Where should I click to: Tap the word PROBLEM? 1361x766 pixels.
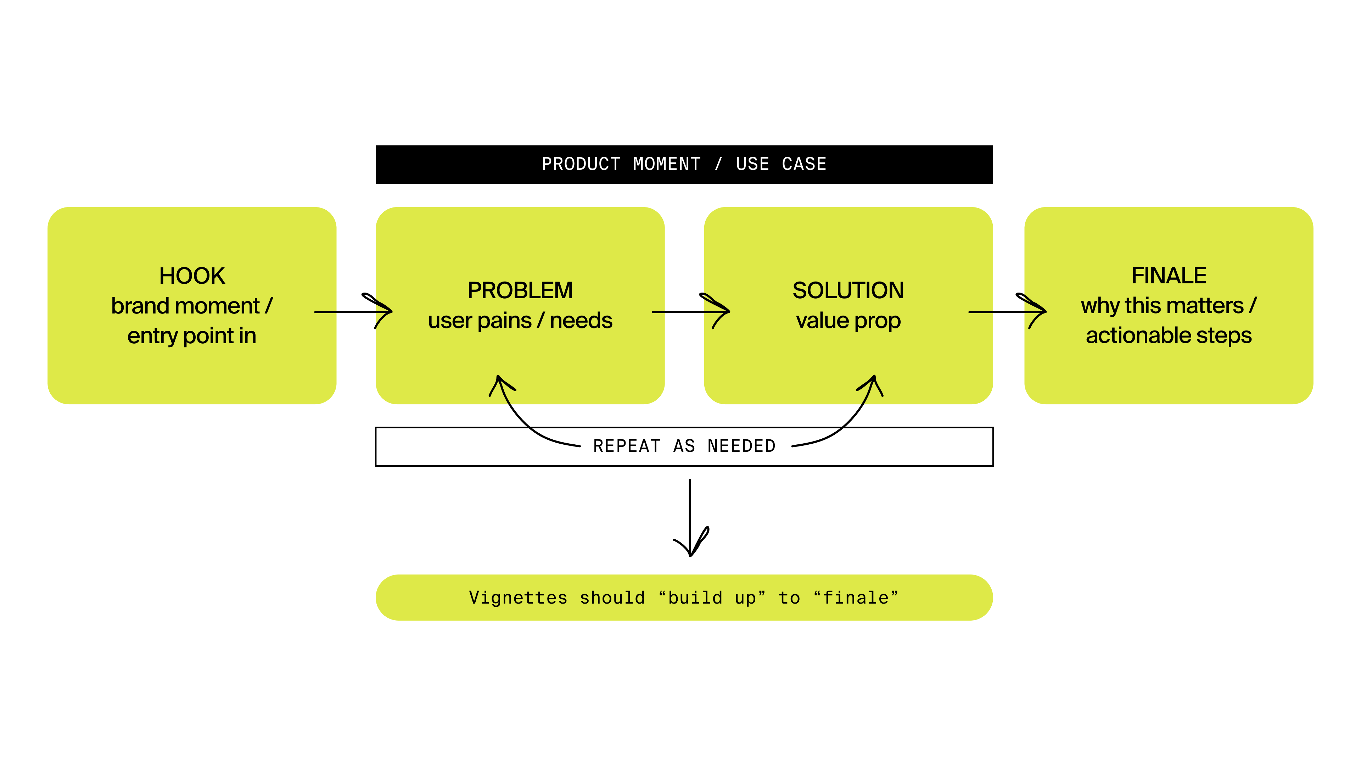pos(520,290)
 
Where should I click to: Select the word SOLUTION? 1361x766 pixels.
pos(848,290)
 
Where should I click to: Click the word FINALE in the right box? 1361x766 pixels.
pos(1169,276)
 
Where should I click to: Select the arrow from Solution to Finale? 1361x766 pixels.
pos(1007,312)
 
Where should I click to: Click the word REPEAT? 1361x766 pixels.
pos(627,446)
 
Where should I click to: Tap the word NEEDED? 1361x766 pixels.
pos(741,446)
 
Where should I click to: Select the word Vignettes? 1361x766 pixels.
pos(518,598)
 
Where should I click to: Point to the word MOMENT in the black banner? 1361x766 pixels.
pos(667,165)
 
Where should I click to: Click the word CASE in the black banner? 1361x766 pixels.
pos(804,165)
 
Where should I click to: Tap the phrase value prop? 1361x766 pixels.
pos(848,320)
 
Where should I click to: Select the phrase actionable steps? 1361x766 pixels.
pos(1169,335)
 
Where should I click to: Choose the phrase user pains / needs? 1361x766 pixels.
pos(520,320)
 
